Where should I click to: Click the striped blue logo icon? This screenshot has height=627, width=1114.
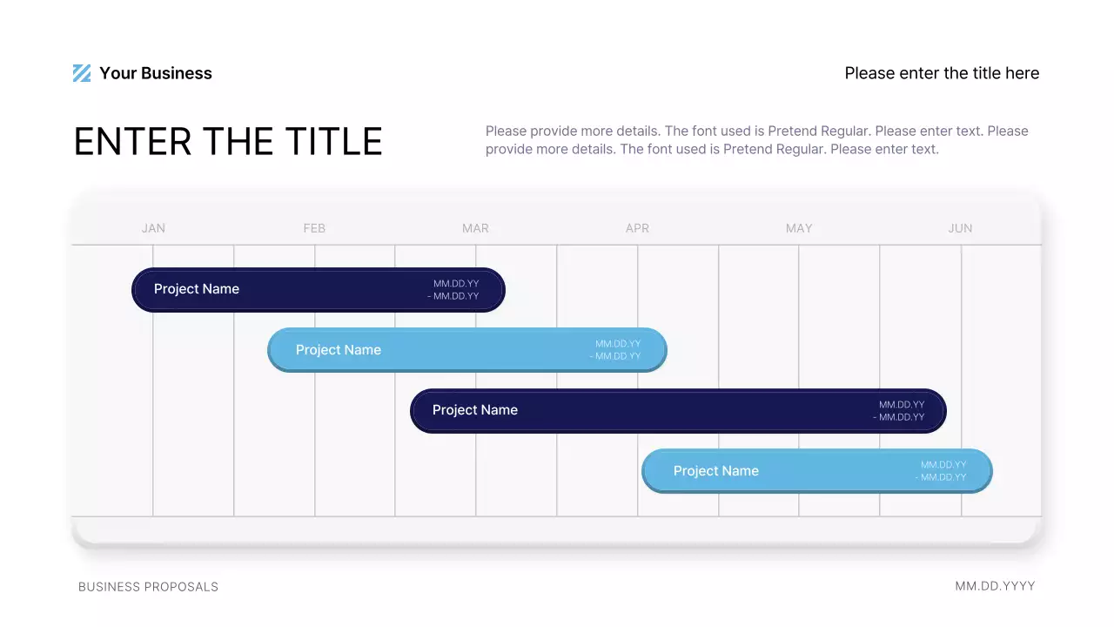tap(82, 73)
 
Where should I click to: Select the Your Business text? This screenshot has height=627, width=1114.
tap(156, 73)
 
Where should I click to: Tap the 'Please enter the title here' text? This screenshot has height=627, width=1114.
tap(942, 73)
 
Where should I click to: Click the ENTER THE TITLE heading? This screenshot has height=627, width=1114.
tap(228, 142)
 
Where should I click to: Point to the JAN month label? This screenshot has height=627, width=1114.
tap(153, 228)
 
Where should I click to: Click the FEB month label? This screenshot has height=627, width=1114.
tap(314, 228)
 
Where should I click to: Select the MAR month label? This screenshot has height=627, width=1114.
tap(475, 228)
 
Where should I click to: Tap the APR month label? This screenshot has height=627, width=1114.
tap(637, 228)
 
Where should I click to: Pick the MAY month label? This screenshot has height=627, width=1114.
tap(799, 228)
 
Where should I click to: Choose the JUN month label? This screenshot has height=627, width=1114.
tap(960, 228)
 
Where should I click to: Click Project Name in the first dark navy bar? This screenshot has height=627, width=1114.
tap(197, 289)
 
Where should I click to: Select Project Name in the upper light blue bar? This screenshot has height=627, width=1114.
tap(339, 350)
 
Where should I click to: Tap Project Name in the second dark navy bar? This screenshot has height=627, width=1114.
tap(475, 410)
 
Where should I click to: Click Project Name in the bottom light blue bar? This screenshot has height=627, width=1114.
tap(716, 471)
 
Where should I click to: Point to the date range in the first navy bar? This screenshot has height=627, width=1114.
tap(453, 290)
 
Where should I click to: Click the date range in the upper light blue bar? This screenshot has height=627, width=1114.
tap(615, 350)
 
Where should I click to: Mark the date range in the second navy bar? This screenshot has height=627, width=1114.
tap(899, 411)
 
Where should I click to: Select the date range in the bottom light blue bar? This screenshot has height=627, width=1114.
tap(941, 471)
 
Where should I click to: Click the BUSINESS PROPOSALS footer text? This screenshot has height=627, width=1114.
tap(148, 587)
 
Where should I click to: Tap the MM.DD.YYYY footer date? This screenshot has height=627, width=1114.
tap(995, 586)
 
